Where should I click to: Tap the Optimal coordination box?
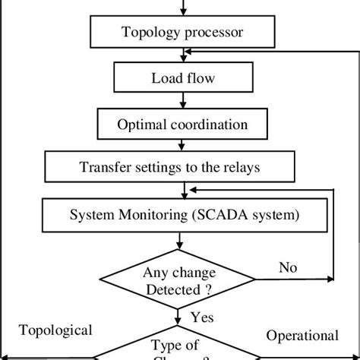(x=182, y=122)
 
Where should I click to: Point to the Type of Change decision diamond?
(x=180, y=346)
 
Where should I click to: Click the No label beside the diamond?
(x=287, y=267)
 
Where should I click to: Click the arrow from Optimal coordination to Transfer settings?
(x=181, y=144)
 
